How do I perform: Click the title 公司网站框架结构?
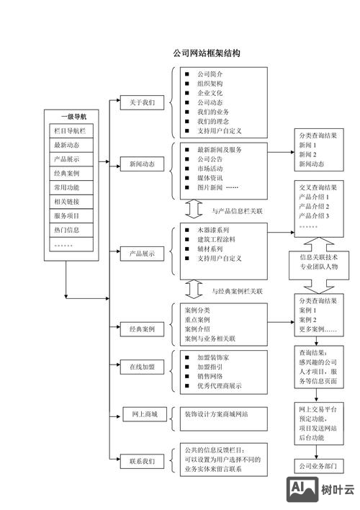click(206, 54)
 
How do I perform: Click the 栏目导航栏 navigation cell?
click(71, 130)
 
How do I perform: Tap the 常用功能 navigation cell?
click(71, 187)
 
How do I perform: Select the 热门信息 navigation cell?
click(71, 231)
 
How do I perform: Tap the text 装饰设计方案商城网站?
click(215, 414)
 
